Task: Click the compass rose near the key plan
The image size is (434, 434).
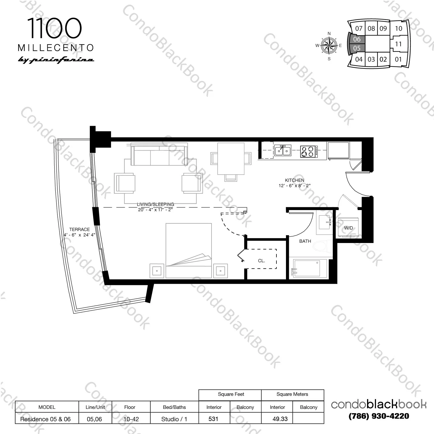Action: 329,46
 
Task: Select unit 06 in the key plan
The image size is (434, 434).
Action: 357,39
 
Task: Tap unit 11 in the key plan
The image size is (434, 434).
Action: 398,44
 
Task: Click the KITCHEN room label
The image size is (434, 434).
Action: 294,180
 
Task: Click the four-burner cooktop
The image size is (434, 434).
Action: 308,151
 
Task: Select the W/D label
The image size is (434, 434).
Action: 348,228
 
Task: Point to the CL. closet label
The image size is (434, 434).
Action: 261,261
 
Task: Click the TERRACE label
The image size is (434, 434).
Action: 79,229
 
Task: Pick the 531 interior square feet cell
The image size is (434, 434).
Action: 214,419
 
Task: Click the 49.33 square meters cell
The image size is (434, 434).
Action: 280,419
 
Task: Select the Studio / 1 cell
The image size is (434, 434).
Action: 174,419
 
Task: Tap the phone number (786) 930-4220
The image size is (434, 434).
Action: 379,416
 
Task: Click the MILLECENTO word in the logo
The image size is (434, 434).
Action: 56,48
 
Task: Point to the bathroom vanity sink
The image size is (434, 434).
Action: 325,222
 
